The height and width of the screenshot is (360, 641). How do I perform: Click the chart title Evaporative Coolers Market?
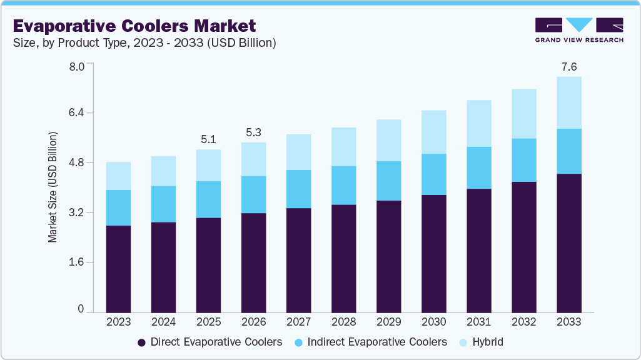click(134, 26)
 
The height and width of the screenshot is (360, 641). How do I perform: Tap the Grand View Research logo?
click(578, 30)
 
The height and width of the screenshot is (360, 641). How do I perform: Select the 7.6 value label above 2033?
click(568, 67)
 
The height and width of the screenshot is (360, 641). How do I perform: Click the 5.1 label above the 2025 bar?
click(208, 139)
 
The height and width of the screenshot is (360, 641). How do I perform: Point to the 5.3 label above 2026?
click(253, 132)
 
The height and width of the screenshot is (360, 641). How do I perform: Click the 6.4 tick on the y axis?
click(76, 113)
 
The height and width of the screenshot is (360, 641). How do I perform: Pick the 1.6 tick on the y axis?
click(76, 262)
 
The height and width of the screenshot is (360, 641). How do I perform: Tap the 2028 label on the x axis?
click(343, 322)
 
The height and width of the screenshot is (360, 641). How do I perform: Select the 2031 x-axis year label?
click(478, 322)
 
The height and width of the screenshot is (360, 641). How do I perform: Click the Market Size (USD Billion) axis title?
click(53, 187)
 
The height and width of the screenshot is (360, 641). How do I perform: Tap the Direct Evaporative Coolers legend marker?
click(142, 342)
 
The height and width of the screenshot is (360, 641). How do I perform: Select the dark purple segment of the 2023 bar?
click(118, 269)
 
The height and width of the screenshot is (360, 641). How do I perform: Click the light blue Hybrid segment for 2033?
click(568, 103)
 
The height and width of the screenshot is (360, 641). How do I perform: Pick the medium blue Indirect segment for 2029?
click(388, 181)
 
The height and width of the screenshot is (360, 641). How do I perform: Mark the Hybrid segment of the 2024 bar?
click(163, 171)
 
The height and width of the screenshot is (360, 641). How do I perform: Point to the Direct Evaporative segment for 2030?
click(433, 253)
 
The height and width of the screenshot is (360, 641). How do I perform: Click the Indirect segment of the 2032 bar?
click(523, 160)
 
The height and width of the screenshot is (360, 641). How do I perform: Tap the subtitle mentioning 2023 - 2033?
click(144, 43)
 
